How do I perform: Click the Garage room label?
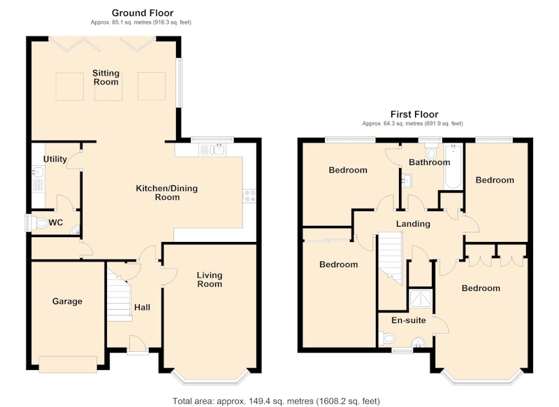[67, 301]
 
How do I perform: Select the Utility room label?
[55, 159]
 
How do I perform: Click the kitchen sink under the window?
[212, 150]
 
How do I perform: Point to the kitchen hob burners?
[249, 196]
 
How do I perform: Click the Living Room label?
[210, 279]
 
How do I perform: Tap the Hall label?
[143, 308]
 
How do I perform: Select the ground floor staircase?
[119, 295]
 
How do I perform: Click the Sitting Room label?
[106, 78]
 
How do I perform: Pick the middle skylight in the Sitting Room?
[108, 86]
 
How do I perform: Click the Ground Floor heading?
[143, 13]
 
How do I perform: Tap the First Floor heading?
[414, 114]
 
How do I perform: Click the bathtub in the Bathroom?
[453, 166]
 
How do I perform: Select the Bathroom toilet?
[431, 152]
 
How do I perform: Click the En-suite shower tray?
[421, 298]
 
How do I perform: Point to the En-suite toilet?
[387, 338]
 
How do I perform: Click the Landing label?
[413, 224]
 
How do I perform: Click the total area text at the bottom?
[276, 401]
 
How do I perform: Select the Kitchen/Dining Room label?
[167, 192]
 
